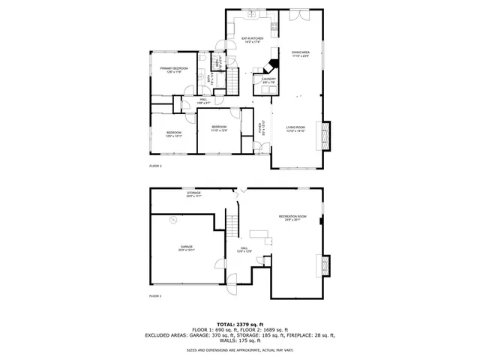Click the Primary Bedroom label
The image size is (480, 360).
tap(172, 70)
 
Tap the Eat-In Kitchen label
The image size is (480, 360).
tap(252, 39)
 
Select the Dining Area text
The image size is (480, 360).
tap(300, 54)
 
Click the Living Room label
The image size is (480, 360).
tap(296, 129)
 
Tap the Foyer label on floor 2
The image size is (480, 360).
tap(262, 128)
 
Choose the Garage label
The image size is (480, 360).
tap(187, 248)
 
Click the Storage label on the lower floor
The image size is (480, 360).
tap(193, 194)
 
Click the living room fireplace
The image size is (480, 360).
tap(324, 135)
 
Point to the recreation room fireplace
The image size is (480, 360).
tap(324, 265)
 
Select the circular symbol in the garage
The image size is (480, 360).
tap(173, 220)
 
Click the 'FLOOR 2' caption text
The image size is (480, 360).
tap(155, 166)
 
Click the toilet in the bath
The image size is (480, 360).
tap(203, 57)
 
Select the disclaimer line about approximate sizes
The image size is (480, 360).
tap(239, 350)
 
